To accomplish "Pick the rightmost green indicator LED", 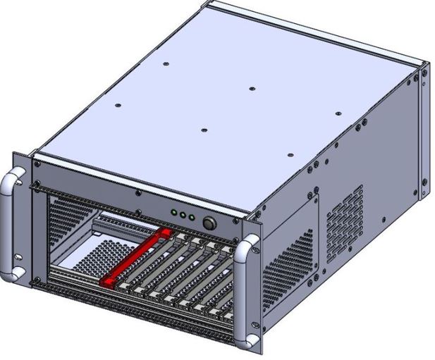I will (x=191, y=216).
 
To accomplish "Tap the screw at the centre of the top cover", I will (x=252, y=89).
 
